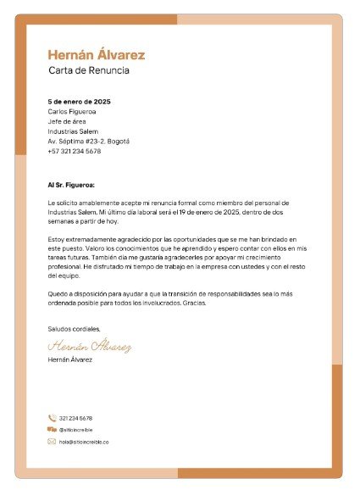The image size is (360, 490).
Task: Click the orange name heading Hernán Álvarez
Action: point(97,55)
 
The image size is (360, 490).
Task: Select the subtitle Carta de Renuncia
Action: point(89,70)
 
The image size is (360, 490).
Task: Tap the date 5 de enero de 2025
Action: point(80,102)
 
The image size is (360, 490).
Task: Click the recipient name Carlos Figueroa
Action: point(72,112)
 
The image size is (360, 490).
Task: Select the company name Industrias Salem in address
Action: point(73,131)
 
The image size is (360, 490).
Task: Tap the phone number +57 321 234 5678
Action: point(75,151)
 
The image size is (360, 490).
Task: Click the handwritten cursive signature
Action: point(90,346)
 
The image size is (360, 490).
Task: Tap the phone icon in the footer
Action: point(52,418)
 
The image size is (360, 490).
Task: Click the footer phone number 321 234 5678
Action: point(76,418)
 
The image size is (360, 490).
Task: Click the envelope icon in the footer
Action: point(52,442)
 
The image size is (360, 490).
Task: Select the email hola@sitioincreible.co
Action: point(84,442)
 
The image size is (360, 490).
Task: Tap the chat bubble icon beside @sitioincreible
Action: point(52,430)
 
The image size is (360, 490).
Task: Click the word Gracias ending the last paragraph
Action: point(194,303)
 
